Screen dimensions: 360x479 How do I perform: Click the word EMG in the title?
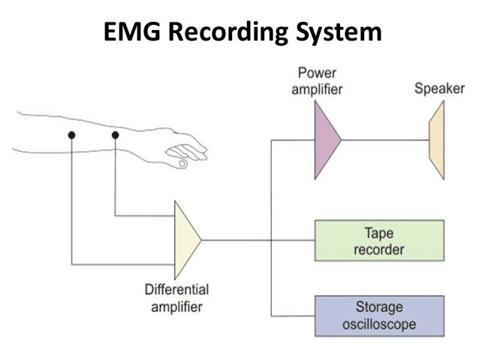(131, 32)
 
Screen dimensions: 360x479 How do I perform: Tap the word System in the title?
(336, 32)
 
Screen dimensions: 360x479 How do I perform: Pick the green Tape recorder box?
(379, 240)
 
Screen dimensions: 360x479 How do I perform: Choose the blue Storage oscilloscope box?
(379, 316)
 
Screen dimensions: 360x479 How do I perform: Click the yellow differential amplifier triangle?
(185, 240)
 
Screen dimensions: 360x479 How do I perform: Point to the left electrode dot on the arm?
(71, 135)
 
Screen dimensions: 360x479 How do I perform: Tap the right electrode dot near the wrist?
(115, 135)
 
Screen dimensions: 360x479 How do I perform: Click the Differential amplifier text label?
(176, 297)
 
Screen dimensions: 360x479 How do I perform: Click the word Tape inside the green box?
(379, 233)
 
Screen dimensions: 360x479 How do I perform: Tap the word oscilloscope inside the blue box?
(379, 325)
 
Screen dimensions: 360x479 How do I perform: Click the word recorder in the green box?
(379, 248)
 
